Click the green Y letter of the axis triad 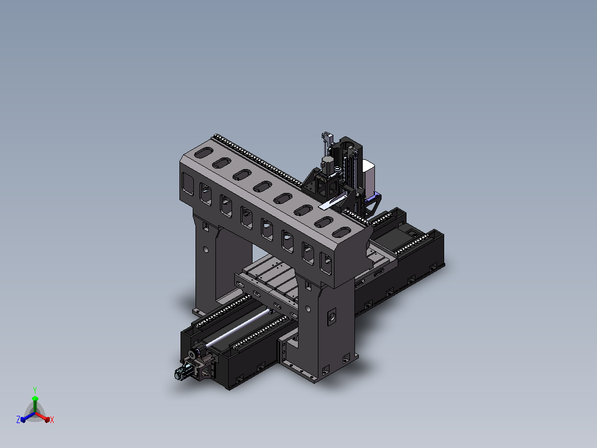[x=35, y=390]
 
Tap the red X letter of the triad [x=52, y=420]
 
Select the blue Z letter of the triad [x=18, y=419]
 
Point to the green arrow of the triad [x=35, y=404]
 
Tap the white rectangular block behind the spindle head [x=369, y=177]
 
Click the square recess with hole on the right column [x=332, y=317]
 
